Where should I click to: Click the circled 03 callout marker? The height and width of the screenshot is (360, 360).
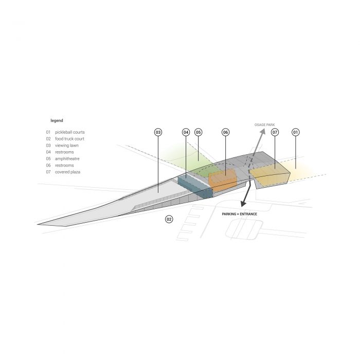[158, 132]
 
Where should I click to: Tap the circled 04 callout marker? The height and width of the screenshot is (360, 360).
[186, 132]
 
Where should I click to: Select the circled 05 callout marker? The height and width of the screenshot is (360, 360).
[199, 132]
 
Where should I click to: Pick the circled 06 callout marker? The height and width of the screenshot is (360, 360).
[225, 132]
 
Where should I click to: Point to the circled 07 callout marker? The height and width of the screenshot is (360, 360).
[275, 132]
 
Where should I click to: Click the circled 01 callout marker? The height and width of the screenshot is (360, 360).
[296, 132]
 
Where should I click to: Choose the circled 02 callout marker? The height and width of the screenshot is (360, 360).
[169, 219]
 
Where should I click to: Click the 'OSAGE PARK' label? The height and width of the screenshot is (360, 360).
[264, 125]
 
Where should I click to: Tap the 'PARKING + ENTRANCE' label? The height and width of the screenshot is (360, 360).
[240, 214]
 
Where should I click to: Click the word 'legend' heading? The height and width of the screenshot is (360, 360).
[57, 120]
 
